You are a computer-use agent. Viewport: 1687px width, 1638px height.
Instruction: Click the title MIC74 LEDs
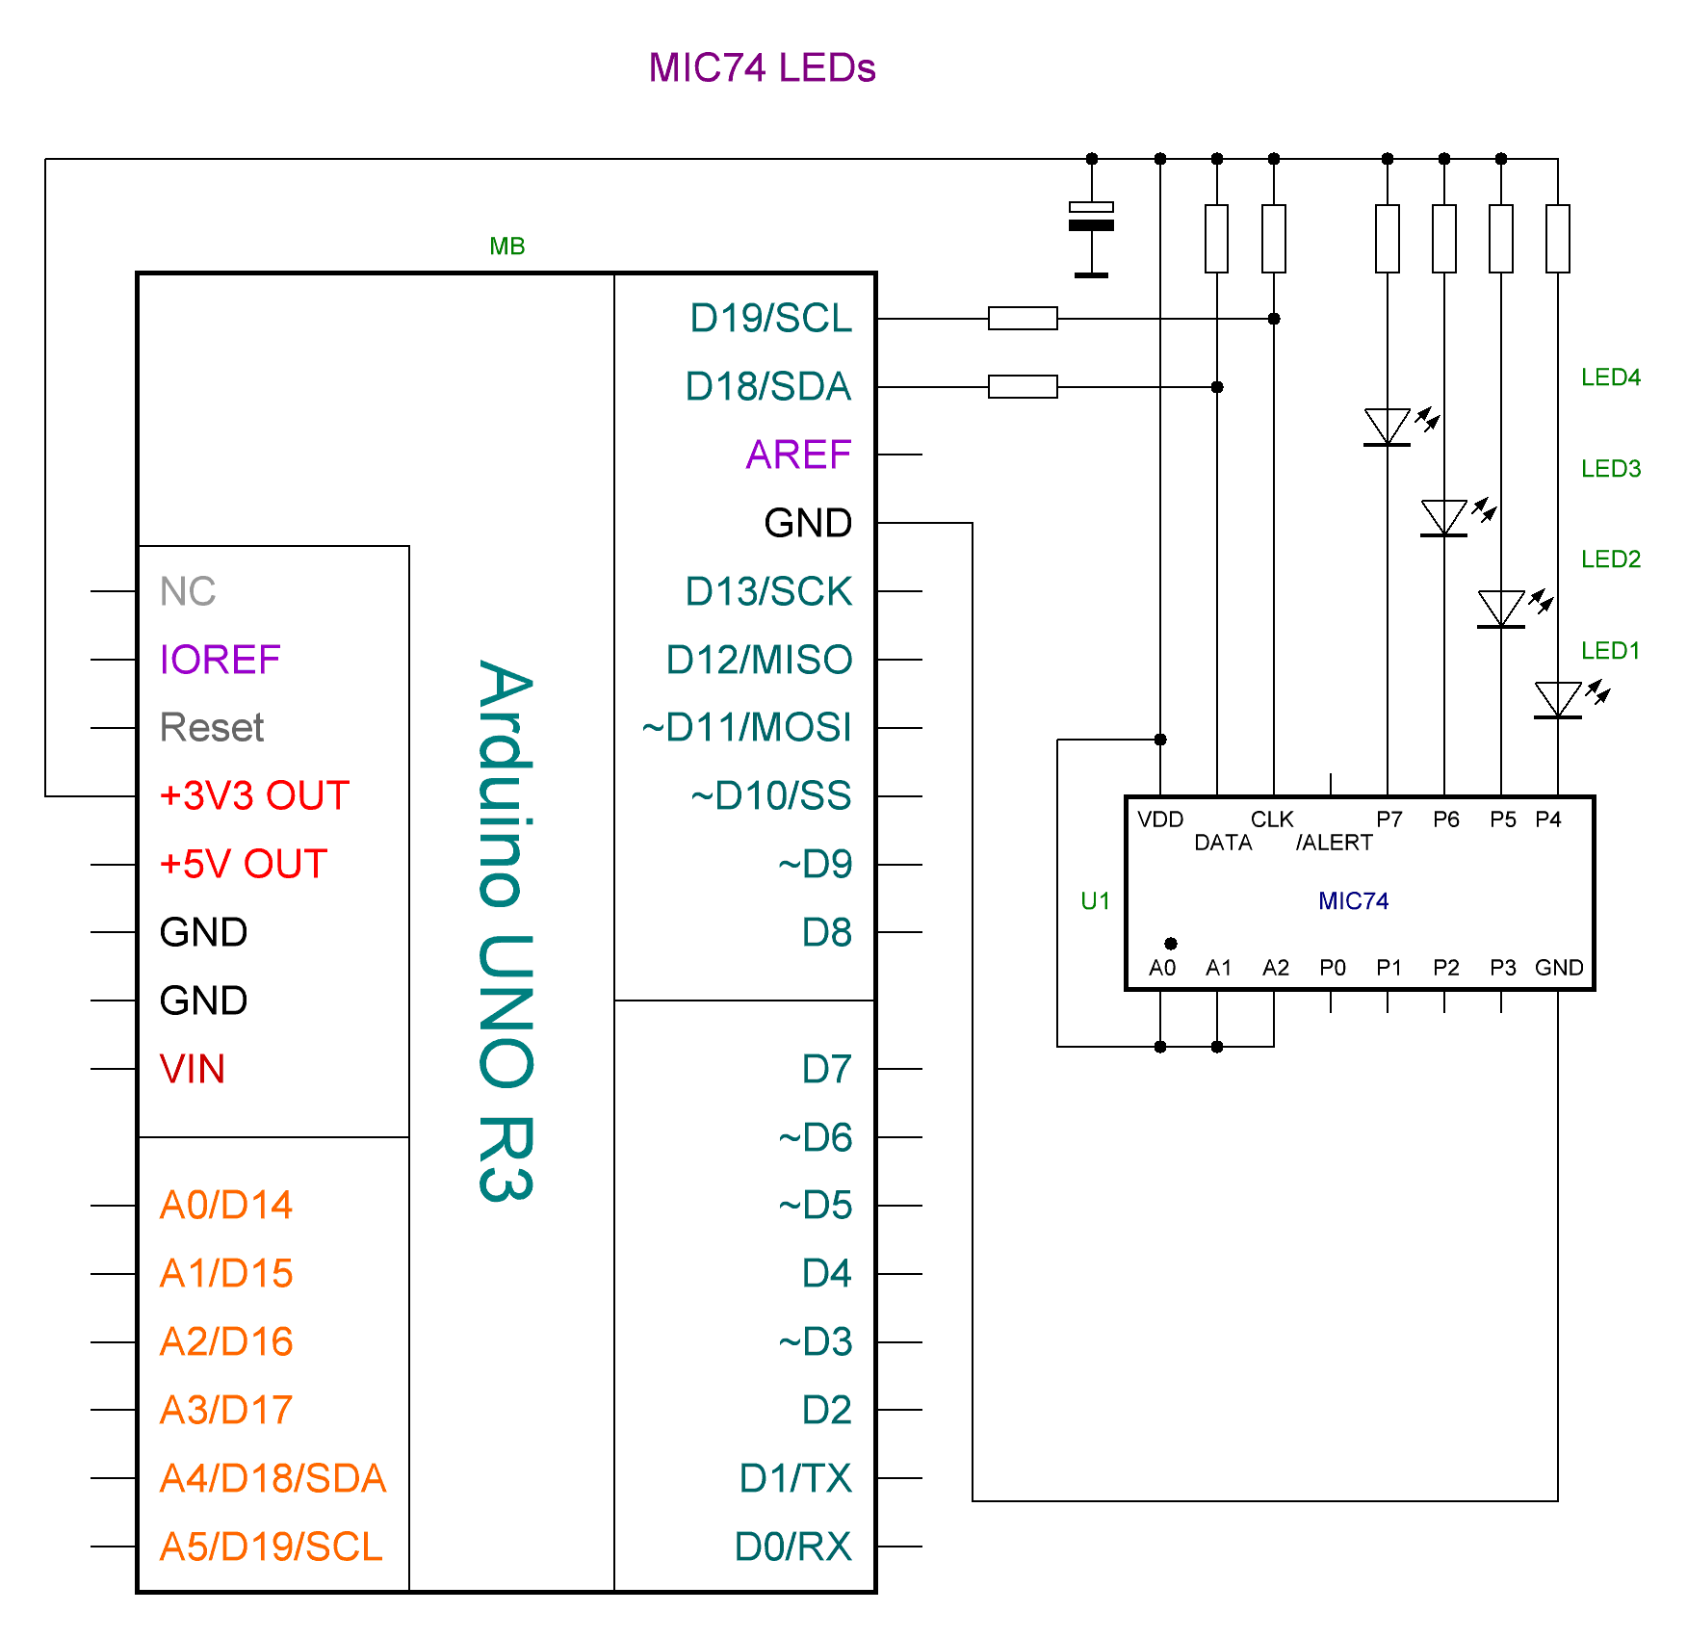pos(762,68)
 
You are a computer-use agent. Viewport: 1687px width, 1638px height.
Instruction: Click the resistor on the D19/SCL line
pos(1023,319)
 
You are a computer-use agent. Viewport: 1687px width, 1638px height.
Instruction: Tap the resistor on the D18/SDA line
pos(1023,387)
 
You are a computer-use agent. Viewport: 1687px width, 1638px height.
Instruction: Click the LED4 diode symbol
pos(1388,426)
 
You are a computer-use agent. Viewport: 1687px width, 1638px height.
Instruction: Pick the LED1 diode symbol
pos(1557,699)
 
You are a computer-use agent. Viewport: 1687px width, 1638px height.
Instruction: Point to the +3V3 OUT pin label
pos(254,796)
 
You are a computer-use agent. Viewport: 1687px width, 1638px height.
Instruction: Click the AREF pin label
pos(798,455)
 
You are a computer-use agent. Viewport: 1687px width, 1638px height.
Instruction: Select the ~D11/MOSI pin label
pos(746,728)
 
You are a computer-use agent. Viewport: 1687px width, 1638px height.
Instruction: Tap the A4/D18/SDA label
pos(273,1479)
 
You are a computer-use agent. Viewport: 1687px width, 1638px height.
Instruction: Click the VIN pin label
pos(193,1069)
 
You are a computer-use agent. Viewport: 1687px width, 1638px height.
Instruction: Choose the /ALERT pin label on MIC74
pos(1334,843)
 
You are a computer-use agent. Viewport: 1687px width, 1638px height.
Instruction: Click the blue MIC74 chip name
pos(1353,901)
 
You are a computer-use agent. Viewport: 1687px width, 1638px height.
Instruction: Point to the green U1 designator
pos(1095,901)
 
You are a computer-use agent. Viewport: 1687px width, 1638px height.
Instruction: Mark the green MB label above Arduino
pos(506,247)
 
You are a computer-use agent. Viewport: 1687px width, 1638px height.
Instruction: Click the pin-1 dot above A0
pos(1170,944)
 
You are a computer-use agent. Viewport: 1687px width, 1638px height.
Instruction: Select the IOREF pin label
pos(220,660)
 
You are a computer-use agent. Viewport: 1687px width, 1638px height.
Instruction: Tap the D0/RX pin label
pos(792,1547)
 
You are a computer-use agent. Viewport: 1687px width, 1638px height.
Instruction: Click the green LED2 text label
pos(1610,559)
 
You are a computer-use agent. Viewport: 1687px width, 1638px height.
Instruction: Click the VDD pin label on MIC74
pos(1160,819)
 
